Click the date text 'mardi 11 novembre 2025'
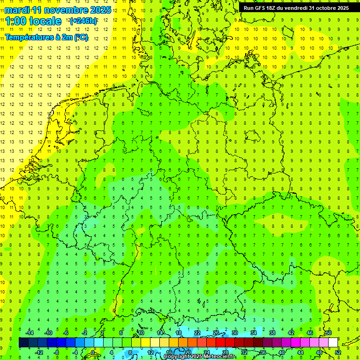pyautogui.click(x=58, y=10)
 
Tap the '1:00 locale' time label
pyautogui.click(x=33, y=21)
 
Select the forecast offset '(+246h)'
pyautogui.click(x=83, y=21)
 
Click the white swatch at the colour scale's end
pyautogui.click(x=333, y=343)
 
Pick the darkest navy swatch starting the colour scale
pyautogui.click(x=23, y=343)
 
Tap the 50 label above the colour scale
pyautogui.click(x=329, y=333)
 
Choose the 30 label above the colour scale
pyautogui.click(x=235, y=333)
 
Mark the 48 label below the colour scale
pyautogui.click(x=319, y=352)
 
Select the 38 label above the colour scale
pyautogui.click(x=272, y=333)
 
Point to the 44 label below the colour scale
pyautogui.click(x=300, y=352)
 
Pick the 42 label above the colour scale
pyautogui.click(x=291, y=333)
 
